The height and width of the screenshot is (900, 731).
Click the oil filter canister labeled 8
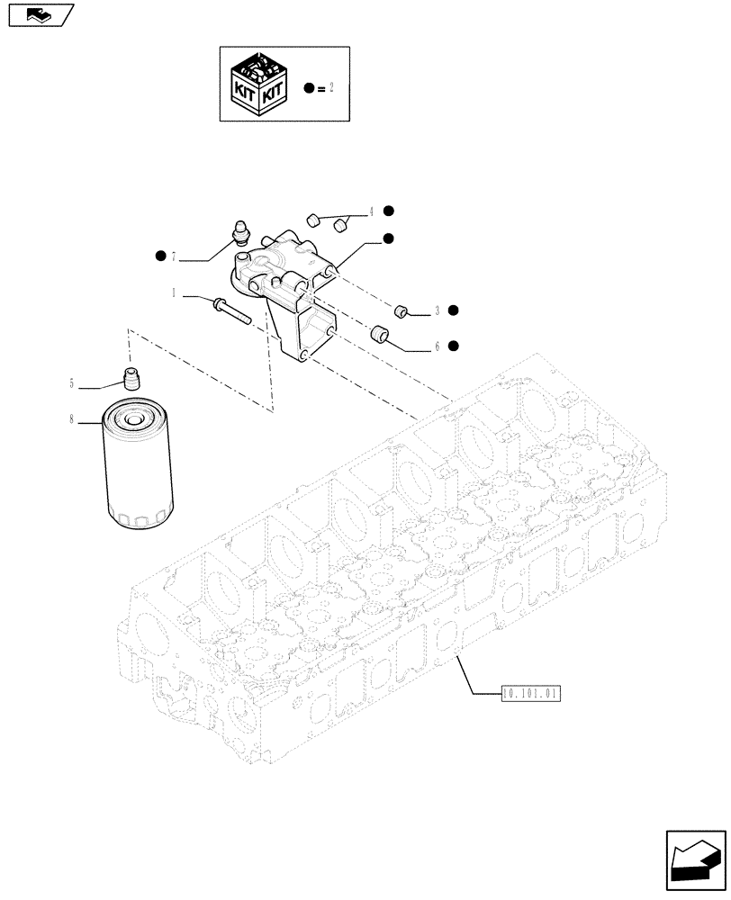click(134, 468)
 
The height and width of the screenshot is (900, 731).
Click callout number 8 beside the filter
click(70, 418)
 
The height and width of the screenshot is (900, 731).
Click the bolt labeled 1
click(232, 310)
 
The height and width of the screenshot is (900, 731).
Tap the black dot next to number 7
click(160, 256)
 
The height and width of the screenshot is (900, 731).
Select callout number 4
click(370, 213)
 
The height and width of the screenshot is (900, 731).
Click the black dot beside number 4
click(388, 211)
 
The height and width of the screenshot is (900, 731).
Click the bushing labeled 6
click(380, 337)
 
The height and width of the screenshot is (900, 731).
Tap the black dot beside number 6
click(454, 346)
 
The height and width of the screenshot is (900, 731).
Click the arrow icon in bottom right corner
click(693, 859)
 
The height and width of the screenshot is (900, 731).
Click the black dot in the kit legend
click(310, 88)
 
